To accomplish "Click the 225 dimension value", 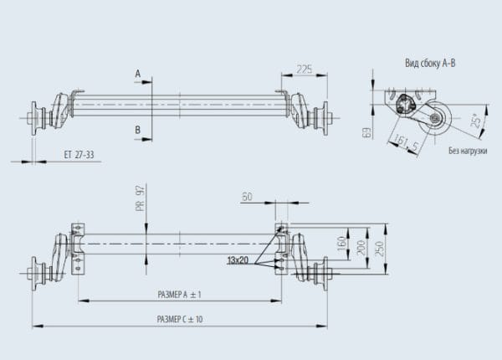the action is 305,69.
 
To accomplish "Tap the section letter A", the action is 138,74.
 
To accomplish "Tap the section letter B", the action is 137,130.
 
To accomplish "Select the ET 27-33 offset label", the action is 79,155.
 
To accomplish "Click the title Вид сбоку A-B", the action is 430,63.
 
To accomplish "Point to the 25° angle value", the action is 476,121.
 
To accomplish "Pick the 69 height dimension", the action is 368,132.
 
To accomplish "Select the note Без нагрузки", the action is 468,151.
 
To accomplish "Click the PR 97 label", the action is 141,198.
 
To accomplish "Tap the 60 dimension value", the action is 247,197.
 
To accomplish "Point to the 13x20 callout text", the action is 238,260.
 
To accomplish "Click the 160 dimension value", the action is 342,244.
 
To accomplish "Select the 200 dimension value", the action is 361,248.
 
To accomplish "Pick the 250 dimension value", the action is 379,249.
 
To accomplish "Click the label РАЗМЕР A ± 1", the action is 179,295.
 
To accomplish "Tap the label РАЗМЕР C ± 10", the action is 180,319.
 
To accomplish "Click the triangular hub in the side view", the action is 404,105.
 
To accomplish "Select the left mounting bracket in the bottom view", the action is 78,249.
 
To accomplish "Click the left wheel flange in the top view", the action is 34,119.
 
